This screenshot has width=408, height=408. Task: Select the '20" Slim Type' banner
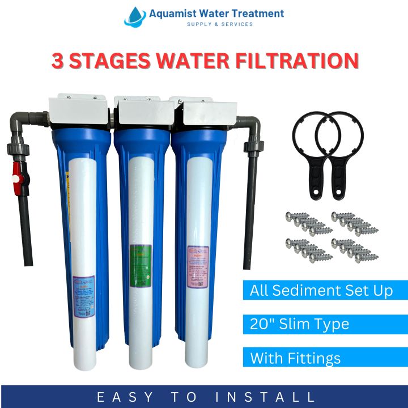[300, 324]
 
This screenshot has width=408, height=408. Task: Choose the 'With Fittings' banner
[296, 358]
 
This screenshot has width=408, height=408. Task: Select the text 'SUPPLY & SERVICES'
[220, 24]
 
